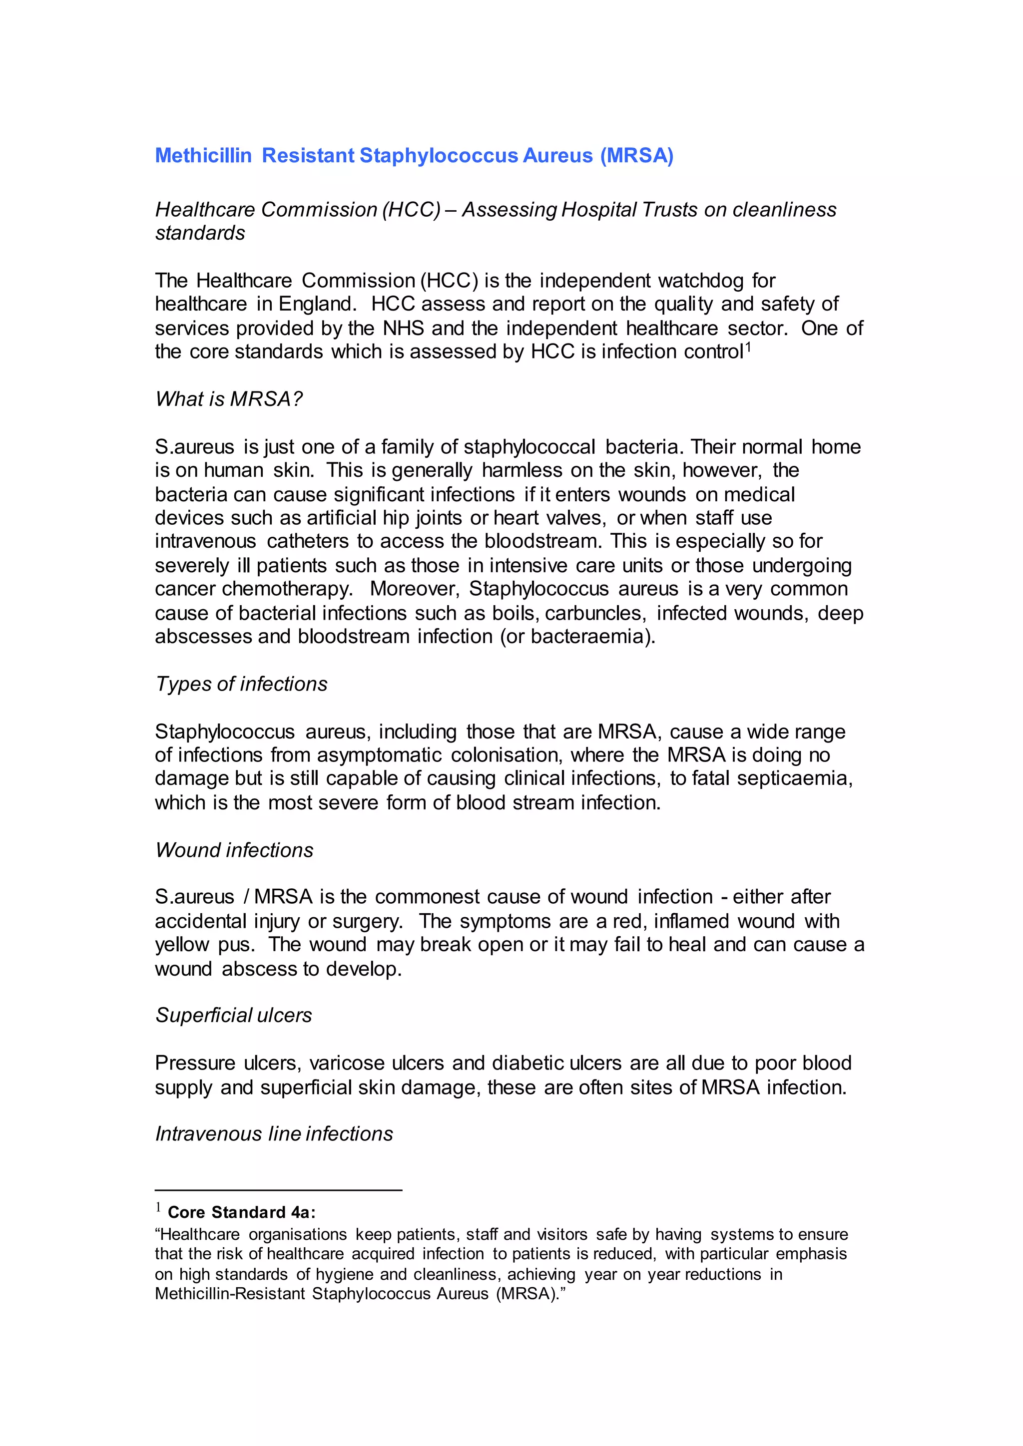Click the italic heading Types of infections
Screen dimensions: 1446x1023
click(x=241, y=684)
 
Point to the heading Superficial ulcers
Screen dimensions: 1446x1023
click(x=234, y=1015)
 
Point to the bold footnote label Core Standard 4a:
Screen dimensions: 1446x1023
click(x=241, y=1212)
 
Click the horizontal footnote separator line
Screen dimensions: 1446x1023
click(x=278, y=1190)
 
